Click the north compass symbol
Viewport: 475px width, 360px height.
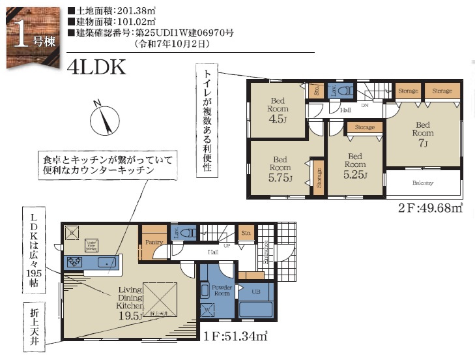(103, 119)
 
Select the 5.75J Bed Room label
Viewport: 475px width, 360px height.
(280, 169)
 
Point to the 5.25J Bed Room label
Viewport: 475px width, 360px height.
(355, 166)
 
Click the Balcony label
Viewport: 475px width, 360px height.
(422, 183)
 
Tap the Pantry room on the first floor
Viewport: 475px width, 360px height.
(154, 241)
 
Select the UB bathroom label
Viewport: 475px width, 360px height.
(255, 291)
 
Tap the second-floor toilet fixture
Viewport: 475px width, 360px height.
(346, 90)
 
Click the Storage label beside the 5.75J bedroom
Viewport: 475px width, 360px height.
(319, 177)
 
